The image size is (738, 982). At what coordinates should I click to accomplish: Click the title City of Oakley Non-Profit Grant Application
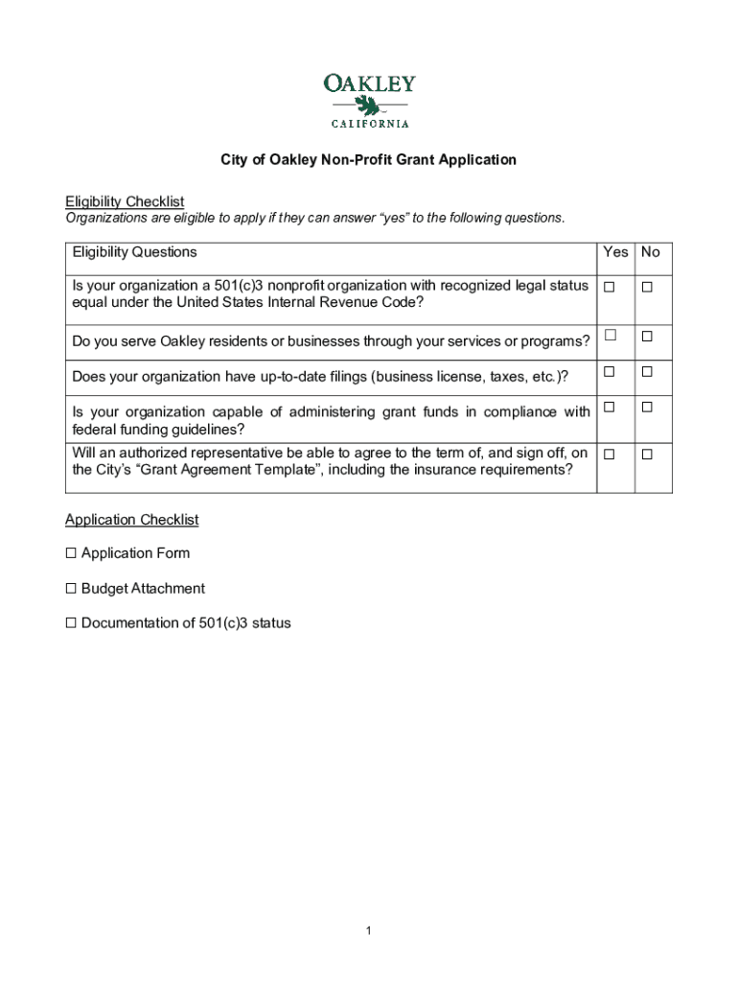click(x=368, y=160)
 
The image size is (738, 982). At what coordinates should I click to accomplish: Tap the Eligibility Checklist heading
click(x=125, y=201)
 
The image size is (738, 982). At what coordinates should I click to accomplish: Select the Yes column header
click(x=615, y=252)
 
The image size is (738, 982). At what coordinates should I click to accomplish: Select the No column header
click(x=651, y=252)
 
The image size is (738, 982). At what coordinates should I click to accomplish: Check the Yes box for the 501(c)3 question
click(x=609, y=287)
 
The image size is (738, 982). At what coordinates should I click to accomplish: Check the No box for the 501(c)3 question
click(x=647, y=287)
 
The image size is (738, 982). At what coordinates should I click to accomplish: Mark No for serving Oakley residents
click(x=647, y=337)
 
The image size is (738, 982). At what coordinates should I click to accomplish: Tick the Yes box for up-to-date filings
click(x=609, y=371)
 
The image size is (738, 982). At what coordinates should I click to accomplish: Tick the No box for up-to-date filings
click(x=647, y=371)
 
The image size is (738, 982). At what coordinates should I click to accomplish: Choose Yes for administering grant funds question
click(x=609, y=408)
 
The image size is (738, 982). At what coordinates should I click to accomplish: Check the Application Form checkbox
click(x=71, y=553)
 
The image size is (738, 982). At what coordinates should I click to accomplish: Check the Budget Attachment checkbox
click(x=71, y=589)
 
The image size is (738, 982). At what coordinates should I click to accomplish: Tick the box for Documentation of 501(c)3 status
click(x=71, y=623)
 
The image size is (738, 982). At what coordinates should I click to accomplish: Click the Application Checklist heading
click(x=131, y=520)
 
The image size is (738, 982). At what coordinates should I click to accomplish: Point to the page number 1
click(x=368, y=930)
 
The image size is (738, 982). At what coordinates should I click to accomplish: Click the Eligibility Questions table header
click(x=134, y=252)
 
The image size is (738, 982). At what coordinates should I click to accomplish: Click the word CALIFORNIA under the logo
click(x=370, y=124)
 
